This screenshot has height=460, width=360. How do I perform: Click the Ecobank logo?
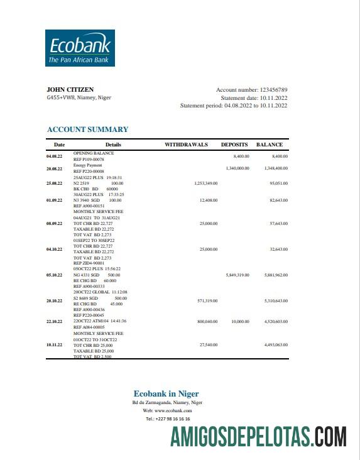coord(79,48)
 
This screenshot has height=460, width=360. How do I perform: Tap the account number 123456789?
coord(273,90)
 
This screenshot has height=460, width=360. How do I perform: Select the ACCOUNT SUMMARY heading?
coord(87,129)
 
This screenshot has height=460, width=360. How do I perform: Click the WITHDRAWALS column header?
coord(186,145)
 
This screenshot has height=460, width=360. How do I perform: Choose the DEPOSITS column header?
coord(234,145)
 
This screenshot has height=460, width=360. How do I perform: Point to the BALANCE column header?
coord(269,145)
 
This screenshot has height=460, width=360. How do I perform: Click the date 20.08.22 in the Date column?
coord(54,168)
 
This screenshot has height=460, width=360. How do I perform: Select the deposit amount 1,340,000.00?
coord(237,168)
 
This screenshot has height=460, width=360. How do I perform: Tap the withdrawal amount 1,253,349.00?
coord(202,183)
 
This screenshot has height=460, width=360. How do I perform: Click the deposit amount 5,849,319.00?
coord(237,275)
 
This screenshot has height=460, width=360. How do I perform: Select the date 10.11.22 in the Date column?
coord(54,345)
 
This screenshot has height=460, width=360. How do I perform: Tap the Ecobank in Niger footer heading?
coord(166,394)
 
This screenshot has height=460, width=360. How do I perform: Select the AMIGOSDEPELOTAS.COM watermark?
coord(258,437)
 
